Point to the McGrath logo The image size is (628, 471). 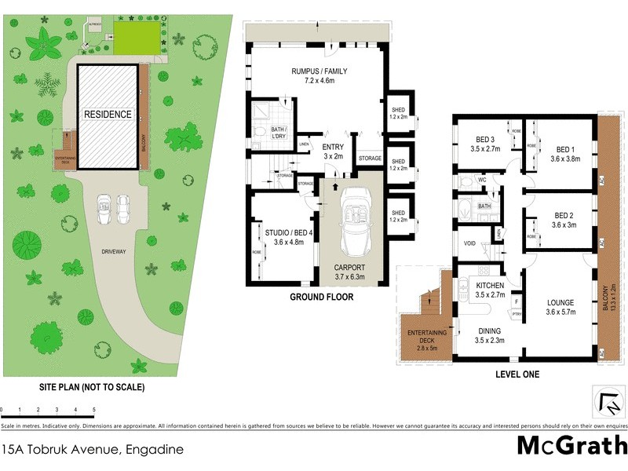571,445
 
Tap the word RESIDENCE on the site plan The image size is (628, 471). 108,114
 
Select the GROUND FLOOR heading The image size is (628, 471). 321,298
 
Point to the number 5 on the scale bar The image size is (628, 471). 94,411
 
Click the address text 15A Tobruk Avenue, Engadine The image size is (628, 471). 93,450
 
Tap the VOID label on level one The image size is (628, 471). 470,243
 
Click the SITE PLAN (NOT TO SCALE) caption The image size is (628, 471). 92,387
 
